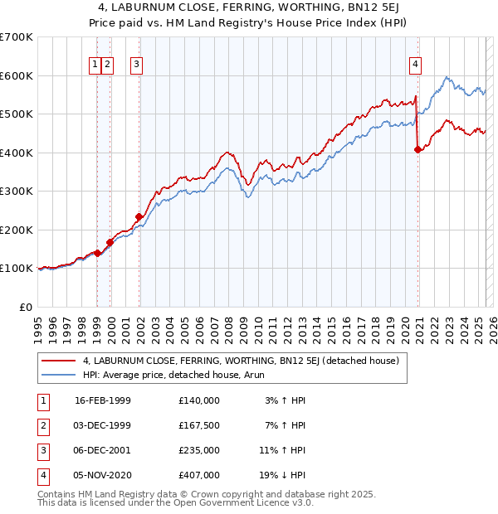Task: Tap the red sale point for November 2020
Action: click(417, 150)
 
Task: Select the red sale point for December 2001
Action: click(139, 217)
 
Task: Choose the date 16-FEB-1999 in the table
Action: click(103, 400)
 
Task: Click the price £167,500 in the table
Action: click(198, 425)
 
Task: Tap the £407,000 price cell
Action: click(198, 475)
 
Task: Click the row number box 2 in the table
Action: click(42, 425)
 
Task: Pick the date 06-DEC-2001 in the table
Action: click(103, 450)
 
